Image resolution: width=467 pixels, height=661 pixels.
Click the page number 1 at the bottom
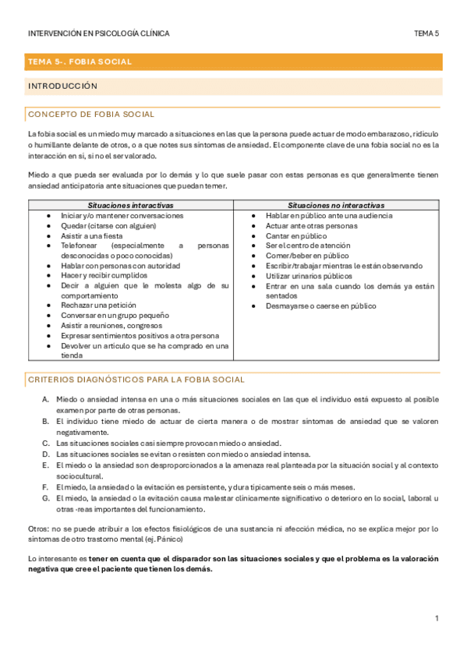point(437,618)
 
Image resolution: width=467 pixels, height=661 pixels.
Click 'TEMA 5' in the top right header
point(426,34)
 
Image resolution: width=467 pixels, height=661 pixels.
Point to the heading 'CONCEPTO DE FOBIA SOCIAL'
point(90,115)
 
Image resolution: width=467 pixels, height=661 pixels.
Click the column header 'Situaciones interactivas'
point(130,205)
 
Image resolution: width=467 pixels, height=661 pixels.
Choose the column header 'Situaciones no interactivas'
point(336,205)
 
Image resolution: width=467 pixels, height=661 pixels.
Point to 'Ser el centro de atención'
point(308,246)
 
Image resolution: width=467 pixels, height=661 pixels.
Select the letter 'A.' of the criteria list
point(46,400)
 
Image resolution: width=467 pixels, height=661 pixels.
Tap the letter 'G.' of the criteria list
point(46,498)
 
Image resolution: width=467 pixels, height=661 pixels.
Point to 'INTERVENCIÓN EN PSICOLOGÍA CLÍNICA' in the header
point(98,34)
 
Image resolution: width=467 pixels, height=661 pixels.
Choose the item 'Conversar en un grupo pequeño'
point(115,315)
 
